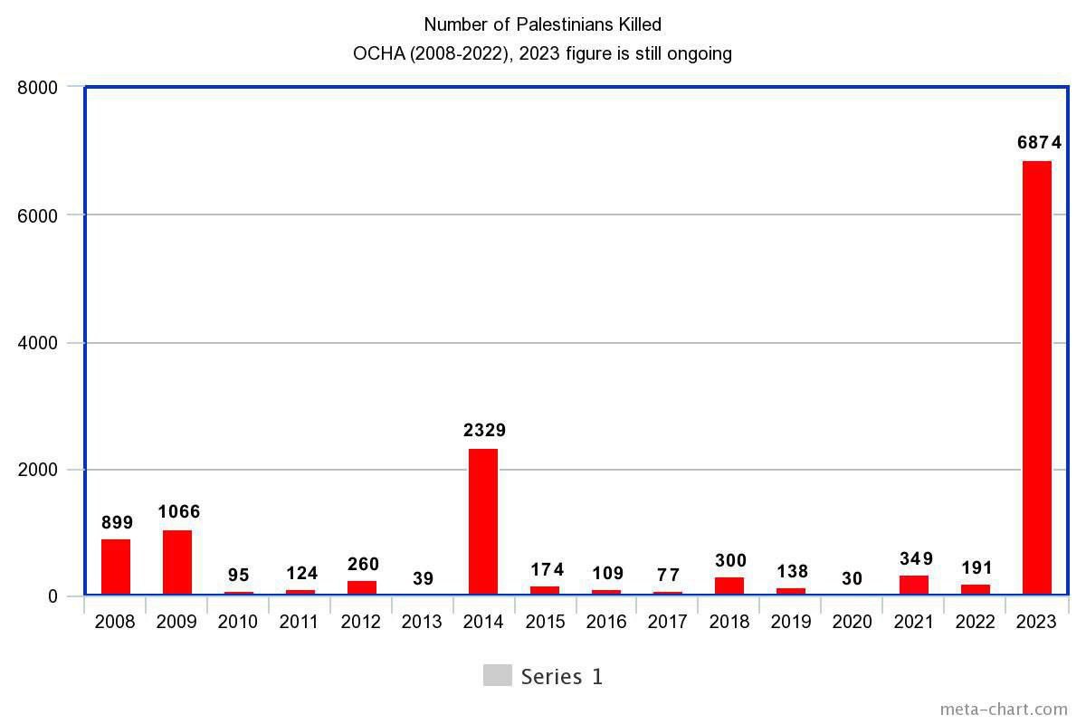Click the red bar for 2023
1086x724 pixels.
point(1036,377)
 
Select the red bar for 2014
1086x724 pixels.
point(483,521)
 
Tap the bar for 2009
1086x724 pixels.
point(177,562)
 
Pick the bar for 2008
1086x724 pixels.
point(116,567)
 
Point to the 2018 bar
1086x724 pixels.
point(729,586)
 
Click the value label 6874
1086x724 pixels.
point(1039,142)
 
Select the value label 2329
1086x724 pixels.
point(484,430)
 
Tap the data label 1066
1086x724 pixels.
point(178,511)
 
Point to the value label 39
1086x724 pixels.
point(423,578)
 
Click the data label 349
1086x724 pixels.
point(916,558)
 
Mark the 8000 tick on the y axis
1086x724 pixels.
point(38,88)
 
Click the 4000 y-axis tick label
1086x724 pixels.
point(38,343)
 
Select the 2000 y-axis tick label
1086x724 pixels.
point(38,470)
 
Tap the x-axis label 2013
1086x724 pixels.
point(422,622)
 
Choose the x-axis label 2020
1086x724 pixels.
point(852,622)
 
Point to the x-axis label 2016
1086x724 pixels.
point(606,622)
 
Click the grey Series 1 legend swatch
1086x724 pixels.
point(497,675)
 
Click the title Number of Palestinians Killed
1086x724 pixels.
point(543,24)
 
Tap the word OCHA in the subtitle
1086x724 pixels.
point(377,53)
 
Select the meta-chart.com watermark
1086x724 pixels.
point(1004,709)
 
